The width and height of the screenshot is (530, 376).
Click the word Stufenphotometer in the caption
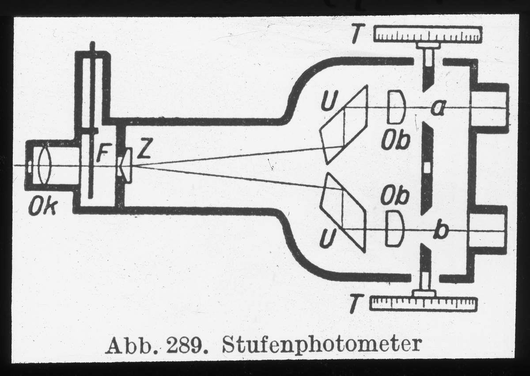[322, 344]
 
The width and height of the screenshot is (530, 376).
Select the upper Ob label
[396, 140]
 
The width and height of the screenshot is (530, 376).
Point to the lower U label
[327, 239]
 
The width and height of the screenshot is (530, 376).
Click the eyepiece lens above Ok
[44, 165]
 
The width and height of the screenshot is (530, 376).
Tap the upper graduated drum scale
[428, 34]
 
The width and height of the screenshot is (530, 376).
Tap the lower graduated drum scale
[424, 304]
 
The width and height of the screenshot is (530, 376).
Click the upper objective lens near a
[396, 107]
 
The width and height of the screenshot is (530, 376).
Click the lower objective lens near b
[394, 228]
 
